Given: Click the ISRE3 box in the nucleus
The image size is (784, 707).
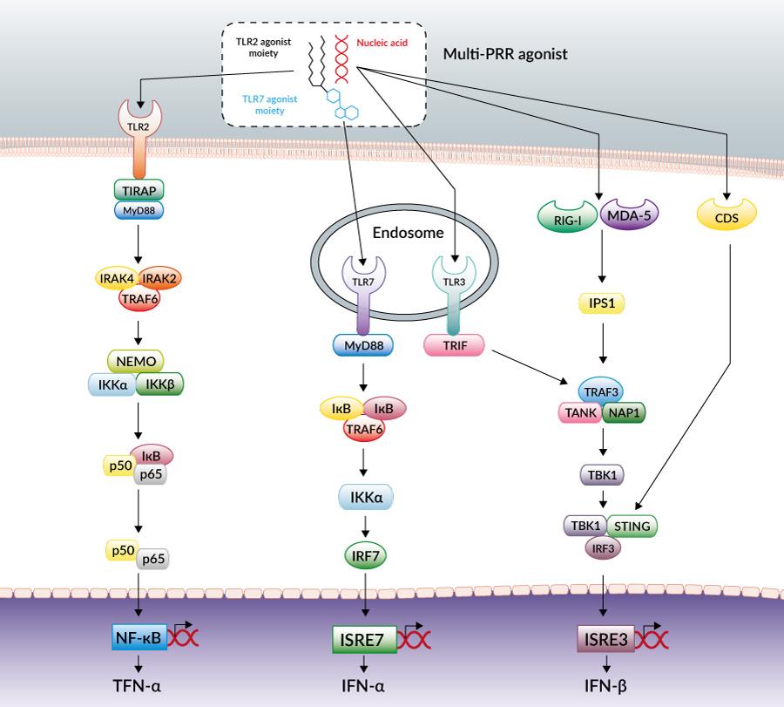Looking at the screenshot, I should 602,639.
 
